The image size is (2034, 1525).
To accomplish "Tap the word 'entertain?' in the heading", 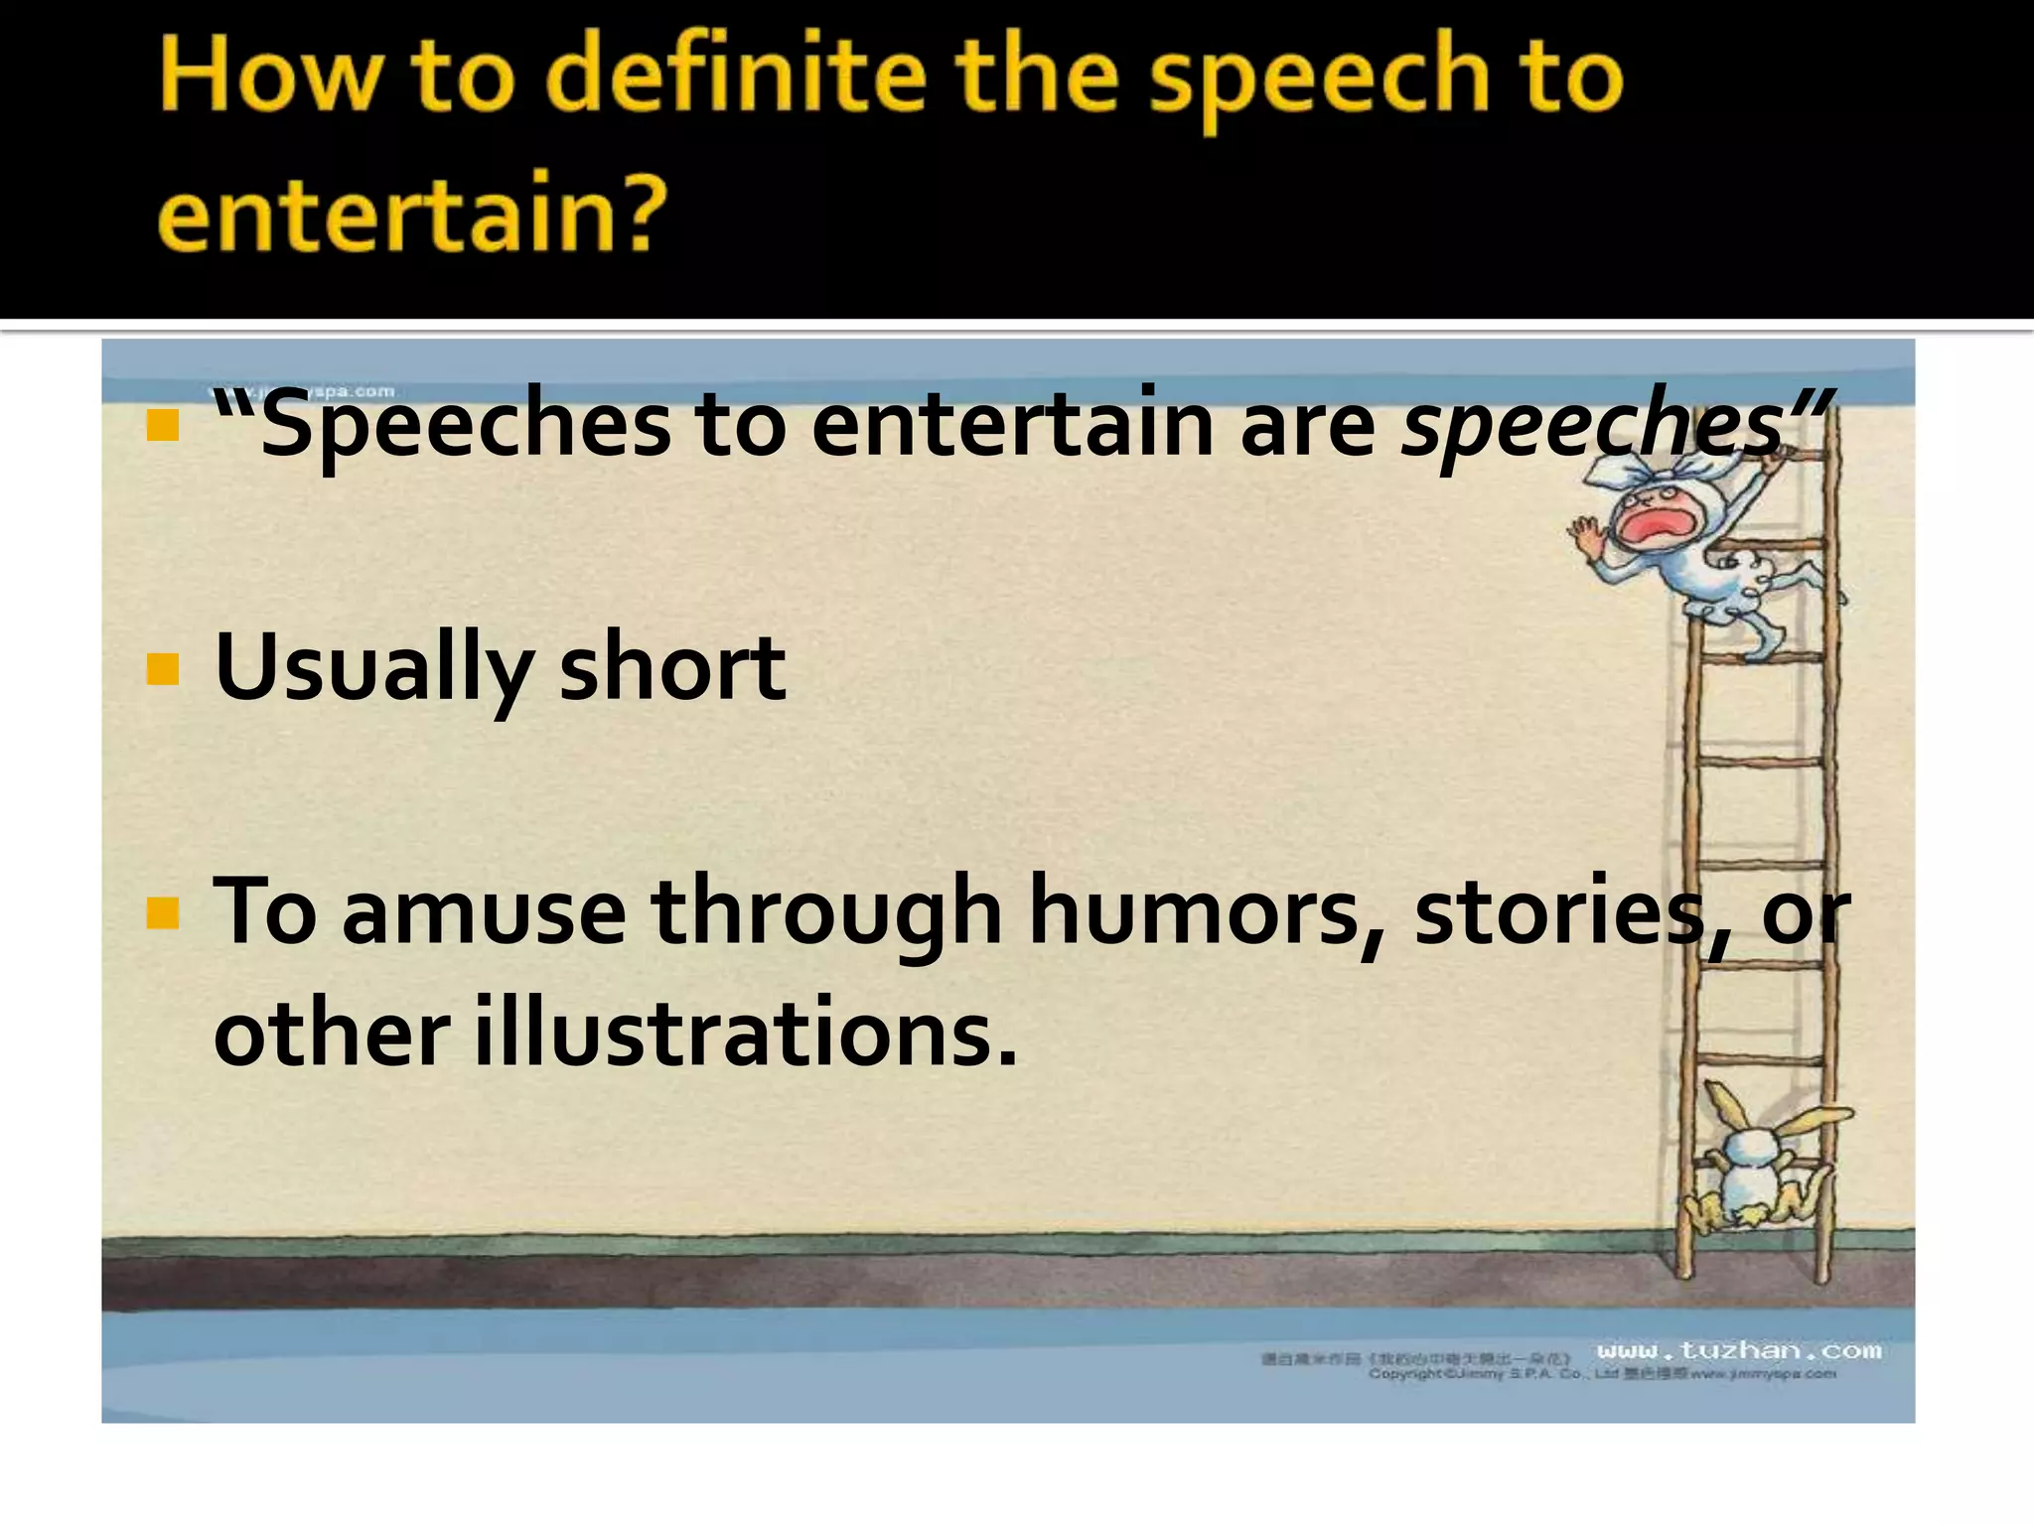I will click(412, 211).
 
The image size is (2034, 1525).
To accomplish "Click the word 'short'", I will click(672, 667).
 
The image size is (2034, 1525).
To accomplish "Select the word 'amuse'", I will click(484, 911).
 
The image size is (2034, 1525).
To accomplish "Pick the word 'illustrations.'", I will click(745, 1033).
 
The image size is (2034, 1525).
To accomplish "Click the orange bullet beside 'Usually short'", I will click(162, 670).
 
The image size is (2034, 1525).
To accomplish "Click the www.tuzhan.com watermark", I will click(1738, 1350).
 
